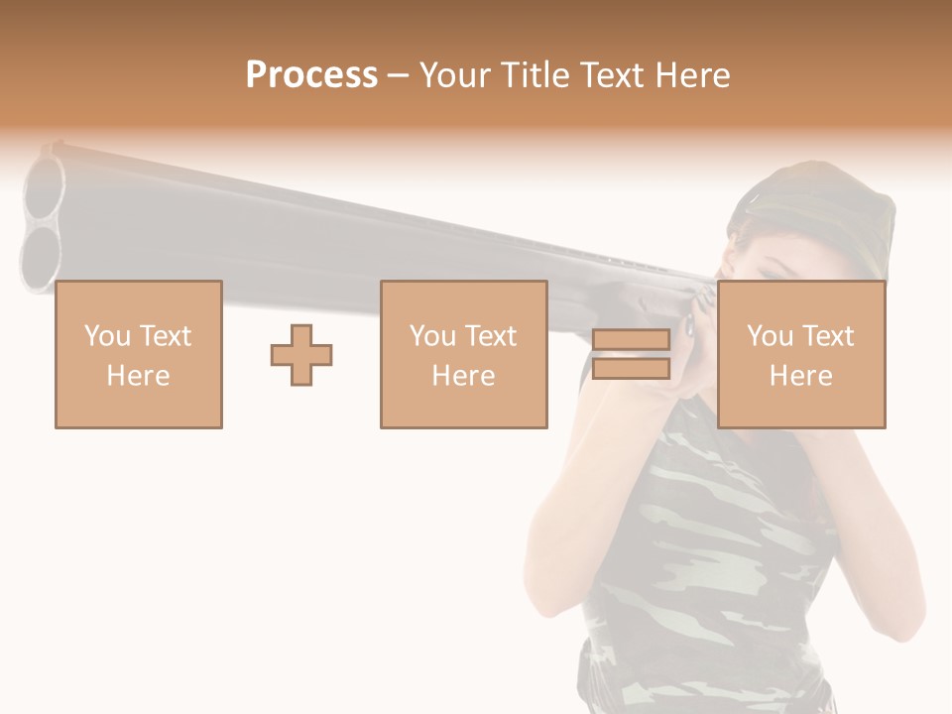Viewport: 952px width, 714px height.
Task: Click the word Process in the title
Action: [x=311, y=75]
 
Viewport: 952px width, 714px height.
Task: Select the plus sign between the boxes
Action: [x=301, y=354]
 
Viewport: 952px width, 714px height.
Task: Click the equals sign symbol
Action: [x=631, y=354]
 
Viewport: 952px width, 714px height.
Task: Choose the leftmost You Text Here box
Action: [x=138, y=354]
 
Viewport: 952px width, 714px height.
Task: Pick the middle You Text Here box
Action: [x=463, y=354]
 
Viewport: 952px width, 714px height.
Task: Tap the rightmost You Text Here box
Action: [x=800, y=354]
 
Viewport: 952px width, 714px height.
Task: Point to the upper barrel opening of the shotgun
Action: [x=45, y=188]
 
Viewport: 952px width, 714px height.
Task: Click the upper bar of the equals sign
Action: [x=631, y=340]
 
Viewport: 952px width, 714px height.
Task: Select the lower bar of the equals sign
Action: [x=631, y=369]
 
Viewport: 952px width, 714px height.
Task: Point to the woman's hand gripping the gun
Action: [x=699, y=317]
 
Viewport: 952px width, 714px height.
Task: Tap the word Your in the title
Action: [x=453, y=75]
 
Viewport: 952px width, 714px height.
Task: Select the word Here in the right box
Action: [x=800, y=375]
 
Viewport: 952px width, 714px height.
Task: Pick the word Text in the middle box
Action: [x=490, y=336]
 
